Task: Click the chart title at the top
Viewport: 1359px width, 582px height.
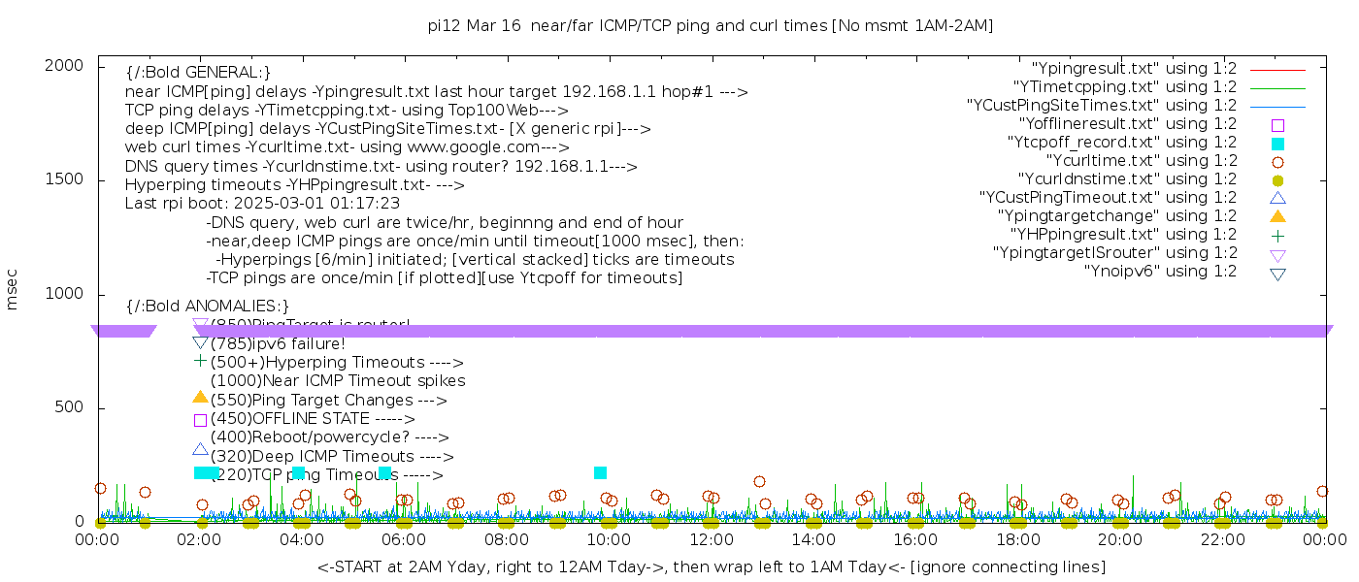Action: tap(711, 25)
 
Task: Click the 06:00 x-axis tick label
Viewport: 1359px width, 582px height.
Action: tap(405, 540)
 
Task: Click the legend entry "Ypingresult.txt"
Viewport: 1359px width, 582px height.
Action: tap(1134, 69)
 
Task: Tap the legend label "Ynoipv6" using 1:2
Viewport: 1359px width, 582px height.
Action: tap(1160, 272)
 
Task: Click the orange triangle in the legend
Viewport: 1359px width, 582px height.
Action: tap(1277, 216)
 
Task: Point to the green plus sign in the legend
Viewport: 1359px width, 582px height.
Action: tap(1277, 235)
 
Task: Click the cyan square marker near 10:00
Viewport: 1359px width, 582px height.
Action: tap(600, 472)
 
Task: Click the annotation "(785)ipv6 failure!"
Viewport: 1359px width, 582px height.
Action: tap(278, 343)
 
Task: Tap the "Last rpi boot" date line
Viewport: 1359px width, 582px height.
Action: tap(262, 204)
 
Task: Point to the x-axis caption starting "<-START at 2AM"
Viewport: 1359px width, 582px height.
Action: tap(711, 566)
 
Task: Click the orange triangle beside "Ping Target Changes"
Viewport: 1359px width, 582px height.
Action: tap(200, 397)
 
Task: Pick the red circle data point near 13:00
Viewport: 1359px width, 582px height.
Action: tap(759, 481)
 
